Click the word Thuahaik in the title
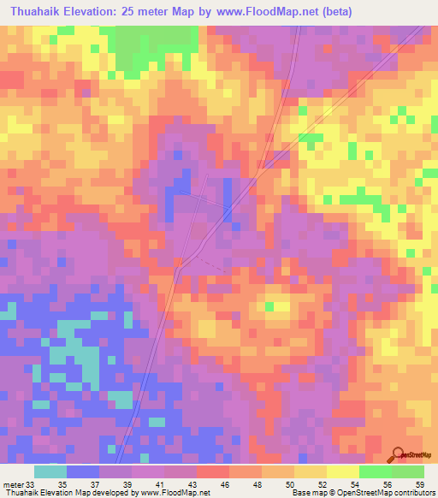click(x=35, y=12)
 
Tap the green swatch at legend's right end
click(x=408, y=471)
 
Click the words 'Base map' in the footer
click(x=306, y=493)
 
